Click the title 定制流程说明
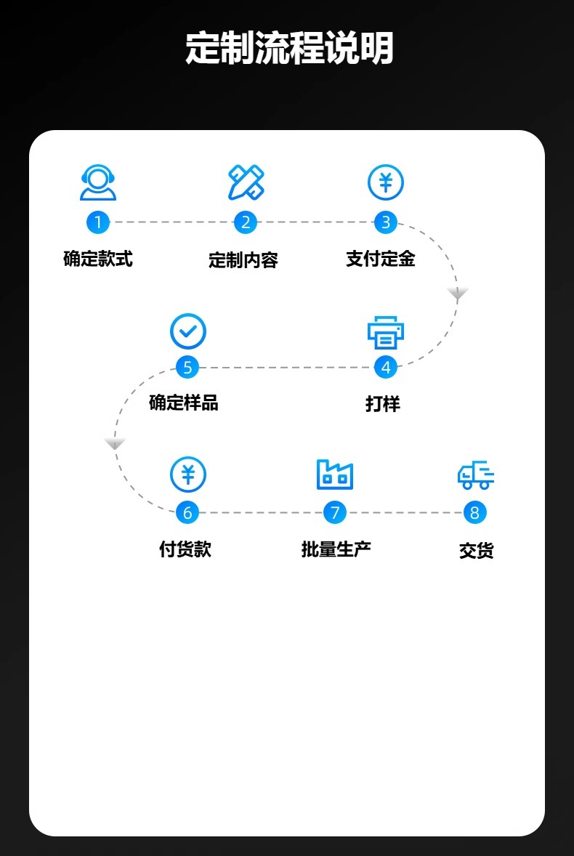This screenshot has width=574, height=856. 289,49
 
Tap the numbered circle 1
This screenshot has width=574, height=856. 98,222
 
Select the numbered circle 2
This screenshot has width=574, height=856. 246,222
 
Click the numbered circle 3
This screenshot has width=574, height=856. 386,222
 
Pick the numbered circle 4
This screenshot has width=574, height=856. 386,368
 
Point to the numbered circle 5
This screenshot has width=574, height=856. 187,368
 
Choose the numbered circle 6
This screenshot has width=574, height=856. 187,513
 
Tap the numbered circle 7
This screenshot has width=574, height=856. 335,513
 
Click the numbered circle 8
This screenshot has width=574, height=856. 475,513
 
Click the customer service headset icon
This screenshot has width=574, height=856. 98,182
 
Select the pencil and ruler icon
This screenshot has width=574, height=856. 246,182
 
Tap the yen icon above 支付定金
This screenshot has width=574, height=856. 386,182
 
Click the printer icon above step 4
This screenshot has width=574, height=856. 386,332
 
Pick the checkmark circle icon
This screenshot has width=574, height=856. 188,331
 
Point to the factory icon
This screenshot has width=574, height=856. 335,475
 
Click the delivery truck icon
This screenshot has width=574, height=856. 476,475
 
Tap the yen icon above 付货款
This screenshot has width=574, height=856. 188,475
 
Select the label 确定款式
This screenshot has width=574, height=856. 98,259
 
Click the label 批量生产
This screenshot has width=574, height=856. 336,549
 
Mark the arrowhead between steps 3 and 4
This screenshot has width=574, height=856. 458,294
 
